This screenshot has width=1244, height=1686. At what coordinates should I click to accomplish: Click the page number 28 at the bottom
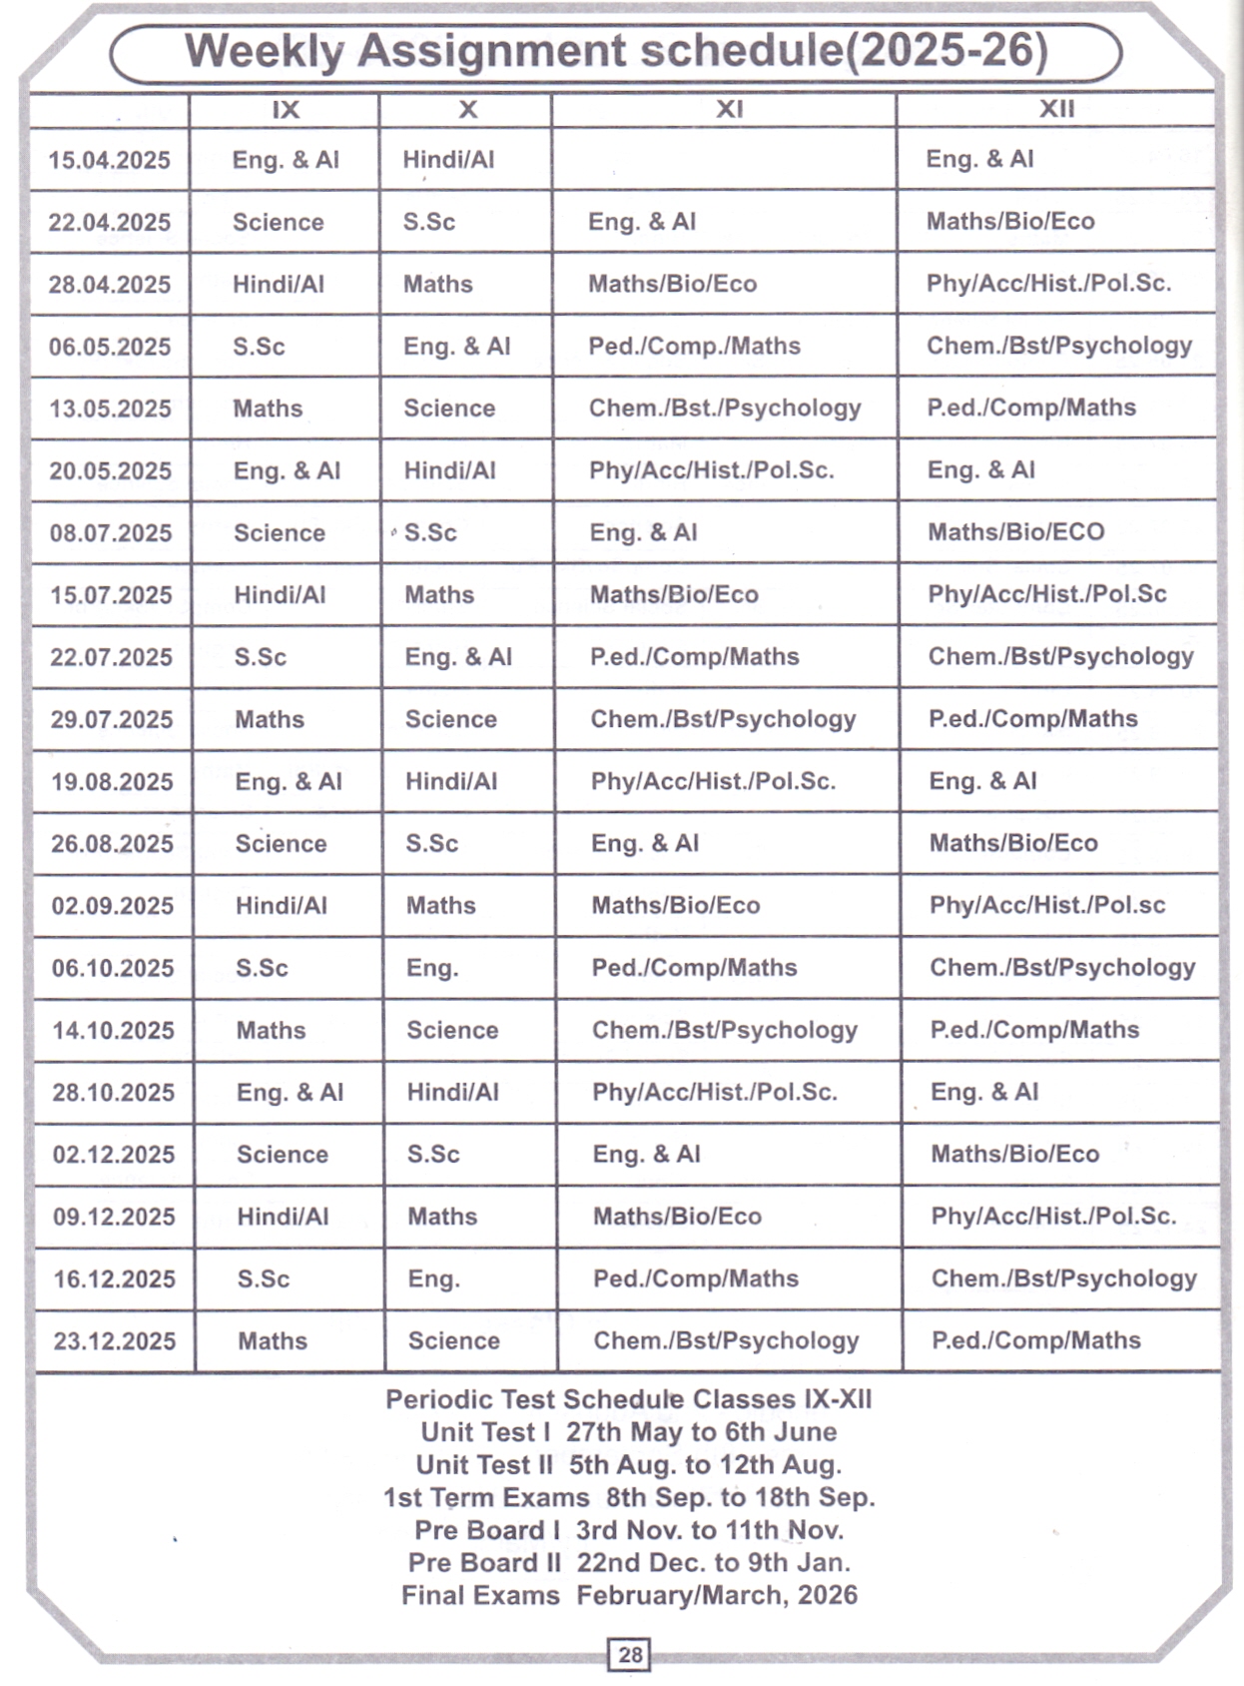630,1655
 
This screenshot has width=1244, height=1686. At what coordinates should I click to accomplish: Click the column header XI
729,109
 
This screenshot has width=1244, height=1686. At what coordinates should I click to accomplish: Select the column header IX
286,109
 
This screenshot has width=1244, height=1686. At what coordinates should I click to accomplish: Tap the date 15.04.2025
110,160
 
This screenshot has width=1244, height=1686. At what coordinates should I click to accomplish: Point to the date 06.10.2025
113,968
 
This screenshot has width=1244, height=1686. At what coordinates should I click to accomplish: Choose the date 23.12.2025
115,1340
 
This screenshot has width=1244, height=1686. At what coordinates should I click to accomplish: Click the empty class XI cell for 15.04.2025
724,159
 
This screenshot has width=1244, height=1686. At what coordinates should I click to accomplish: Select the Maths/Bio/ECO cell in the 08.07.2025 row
1016,531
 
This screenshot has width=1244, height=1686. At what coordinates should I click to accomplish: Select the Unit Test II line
629,1464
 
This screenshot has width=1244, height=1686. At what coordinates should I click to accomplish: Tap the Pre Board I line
629,1530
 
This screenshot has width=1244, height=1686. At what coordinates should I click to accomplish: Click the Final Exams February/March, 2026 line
629,1595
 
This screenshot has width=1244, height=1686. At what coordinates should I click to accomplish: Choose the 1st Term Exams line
629,1497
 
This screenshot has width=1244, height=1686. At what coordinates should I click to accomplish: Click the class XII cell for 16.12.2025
1063,1278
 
